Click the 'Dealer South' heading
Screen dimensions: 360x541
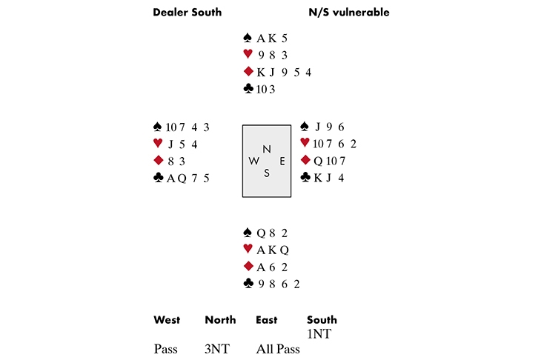[x=187, y=13]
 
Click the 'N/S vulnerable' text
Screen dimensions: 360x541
[x=348, y=13]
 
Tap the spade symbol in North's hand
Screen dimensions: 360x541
[x=248, y=37]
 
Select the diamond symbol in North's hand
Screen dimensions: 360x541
[x=248, y=72]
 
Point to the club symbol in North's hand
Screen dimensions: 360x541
[x=248, y=89]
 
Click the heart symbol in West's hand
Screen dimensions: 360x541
[x=157, y=144]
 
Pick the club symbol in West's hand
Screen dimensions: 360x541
[x=157, y=178]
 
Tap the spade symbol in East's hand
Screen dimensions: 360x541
[x=305, y=127]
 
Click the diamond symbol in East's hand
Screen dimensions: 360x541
[x=305, y=161]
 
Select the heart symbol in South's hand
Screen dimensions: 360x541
[x=248, y=250]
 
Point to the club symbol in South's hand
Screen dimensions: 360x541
[x=248, y=284]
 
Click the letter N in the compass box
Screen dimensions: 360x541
[x=266, y=148]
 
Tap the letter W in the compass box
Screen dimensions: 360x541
[x=254, y=161]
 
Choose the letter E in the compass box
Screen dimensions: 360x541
[x=281, y=161]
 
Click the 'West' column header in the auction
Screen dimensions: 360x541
[x=167, y=320]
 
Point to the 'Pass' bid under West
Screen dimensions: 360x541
[x=166, y=349]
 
